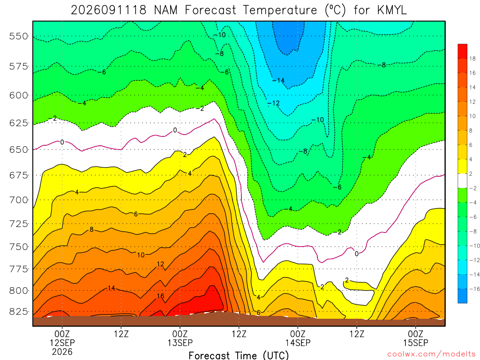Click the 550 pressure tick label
point(18,36)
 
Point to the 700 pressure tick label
point(18,200)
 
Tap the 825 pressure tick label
point(18,312)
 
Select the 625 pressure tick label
point(18,123)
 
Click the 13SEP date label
point(180,343)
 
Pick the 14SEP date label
point(298,343)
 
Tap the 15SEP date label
point(416,343)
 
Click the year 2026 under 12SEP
point(62,352)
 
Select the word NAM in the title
point(166,10)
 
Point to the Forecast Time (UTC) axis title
point(239,355)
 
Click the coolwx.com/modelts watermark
point(431,354)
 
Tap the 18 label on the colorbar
point(472,59)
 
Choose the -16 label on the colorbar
point(474,289)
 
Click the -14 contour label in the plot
point(278,81)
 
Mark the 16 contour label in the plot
point(160,296)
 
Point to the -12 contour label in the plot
point(273,103)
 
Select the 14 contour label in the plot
point(111,288)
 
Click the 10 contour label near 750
point(141,255)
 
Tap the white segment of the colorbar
point(462,180)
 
